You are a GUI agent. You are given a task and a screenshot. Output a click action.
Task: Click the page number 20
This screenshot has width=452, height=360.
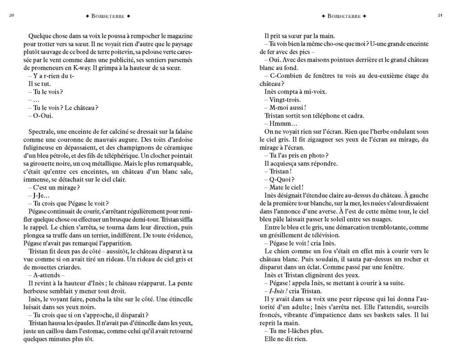pyautogui.click(x=12, y=16)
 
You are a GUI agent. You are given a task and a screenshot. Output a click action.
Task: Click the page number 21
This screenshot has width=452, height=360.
pyautogui.click(x=440, y=16)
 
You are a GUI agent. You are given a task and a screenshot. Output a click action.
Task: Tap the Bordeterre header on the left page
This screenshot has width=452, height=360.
pyautogui.click(x=108, y=16)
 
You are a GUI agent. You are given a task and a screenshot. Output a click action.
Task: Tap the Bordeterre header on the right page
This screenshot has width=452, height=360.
pyautogui.click(x=344, y=16)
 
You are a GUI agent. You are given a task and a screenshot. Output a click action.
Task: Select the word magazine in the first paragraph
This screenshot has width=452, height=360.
pyautogui.click(x=180, y=36)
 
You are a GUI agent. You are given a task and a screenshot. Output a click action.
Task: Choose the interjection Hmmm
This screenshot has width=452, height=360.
pyautogui.click(x=283, y=123)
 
